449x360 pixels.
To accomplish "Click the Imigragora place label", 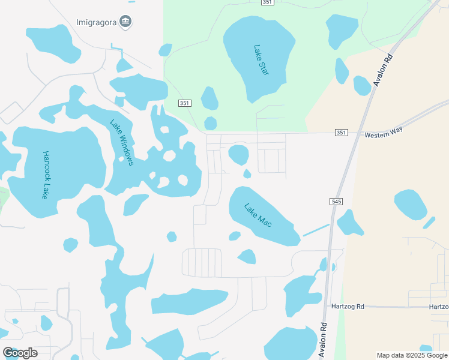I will (97, 23).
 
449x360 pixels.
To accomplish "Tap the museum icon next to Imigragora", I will (126, 23).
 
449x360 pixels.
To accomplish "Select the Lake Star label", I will (261, 60).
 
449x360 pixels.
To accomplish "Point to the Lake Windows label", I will (121, 143).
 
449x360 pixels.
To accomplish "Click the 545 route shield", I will (336, 202).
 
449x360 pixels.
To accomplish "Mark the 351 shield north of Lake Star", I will (268, 2).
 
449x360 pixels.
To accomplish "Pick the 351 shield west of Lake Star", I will (184, 103).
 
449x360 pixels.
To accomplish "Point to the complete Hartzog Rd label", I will (348, 306).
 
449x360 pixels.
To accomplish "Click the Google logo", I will (20, 353).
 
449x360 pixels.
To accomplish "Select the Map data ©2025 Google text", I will (411, 355).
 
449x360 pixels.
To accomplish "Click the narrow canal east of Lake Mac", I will (316, 230).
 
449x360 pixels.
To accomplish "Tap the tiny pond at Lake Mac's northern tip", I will (247, 174).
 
